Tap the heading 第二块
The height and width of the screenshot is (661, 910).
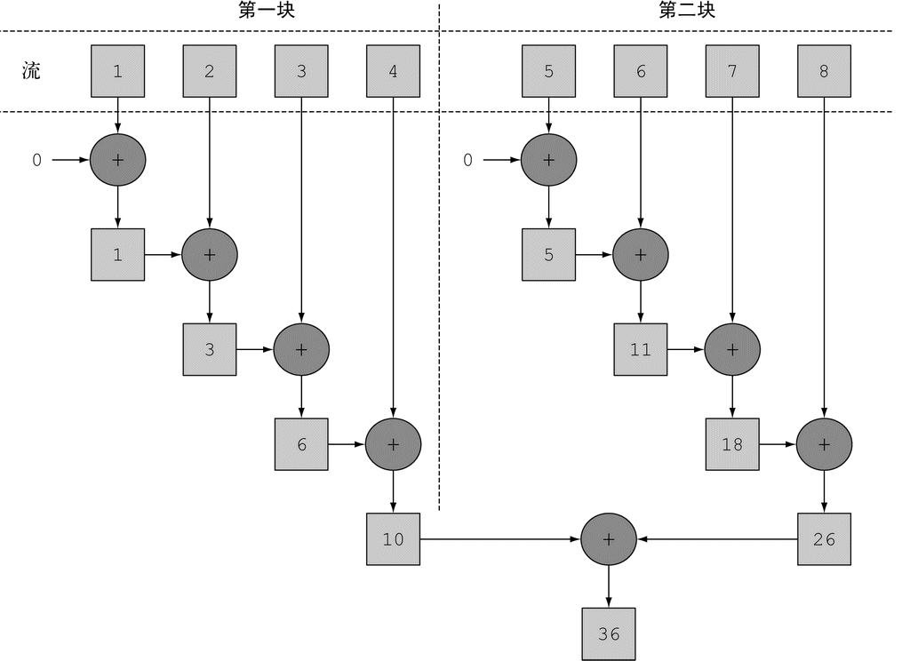(687, 11)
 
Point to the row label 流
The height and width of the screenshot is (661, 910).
(31, 71)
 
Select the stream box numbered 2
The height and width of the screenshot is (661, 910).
(210, 71)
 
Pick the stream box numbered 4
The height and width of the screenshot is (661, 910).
(393, 71)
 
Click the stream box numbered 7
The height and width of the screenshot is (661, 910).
(732, 71)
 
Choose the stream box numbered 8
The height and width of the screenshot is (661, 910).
(824, 71)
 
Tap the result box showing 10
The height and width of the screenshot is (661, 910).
(393, 539)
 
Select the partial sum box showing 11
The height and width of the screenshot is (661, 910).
(641, 350)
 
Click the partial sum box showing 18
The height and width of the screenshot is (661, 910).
(732, 444)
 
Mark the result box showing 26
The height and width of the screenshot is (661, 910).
(824, 539)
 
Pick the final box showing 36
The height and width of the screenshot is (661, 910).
(609, 634)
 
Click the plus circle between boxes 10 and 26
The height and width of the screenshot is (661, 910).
(609, 539)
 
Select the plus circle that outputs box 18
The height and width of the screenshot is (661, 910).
(732, 350)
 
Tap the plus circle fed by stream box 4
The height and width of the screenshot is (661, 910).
(393, 444)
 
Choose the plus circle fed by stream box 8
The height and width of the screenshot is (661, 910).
(824, 444)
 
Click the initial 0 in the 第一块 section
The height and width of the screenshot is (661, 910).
(36, 161)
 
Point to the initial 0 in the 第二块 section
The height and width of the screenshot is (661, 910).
(467, 161)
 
